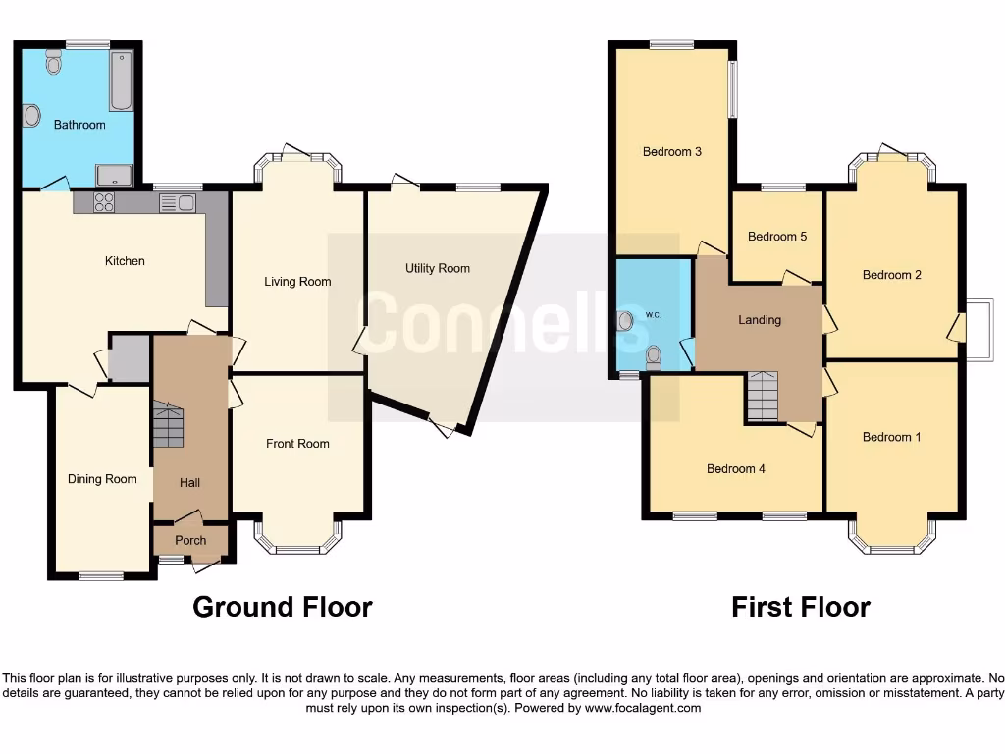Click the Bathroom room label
79,125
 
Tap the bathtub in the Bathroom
121,80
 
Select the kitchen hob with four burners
102,202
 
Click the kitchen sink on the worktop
178,203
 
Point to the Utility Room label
438,268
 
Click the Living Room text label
297,282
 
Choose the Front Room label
297,444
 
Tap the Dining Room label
102,479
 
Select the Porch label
190,541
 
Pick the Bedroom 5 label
777,237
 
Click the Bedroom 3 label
672,152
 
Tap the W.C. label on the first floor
653,315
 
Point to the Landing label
760,320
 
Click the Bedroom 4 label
736,469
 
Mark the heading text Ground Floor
283,607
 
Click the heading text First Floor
801,607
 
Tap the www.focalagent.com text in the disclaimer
643,708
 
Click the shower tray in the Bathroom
116,176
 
